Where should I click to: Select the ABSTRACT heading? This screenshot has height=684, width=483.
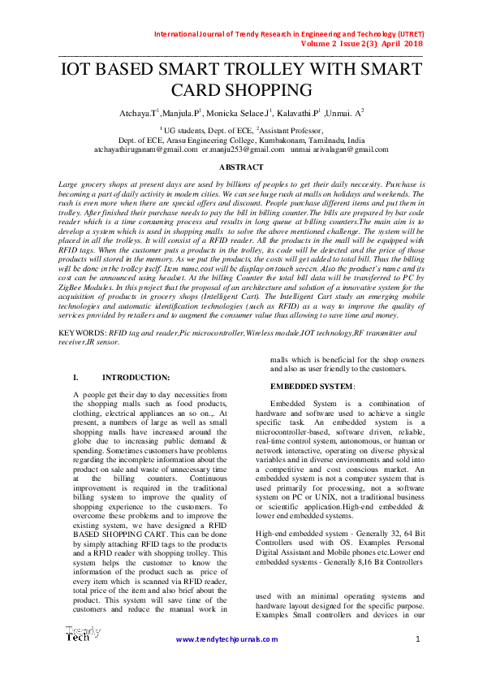242,167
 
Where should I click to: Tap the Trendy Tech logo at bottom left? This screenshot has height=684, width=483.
83,634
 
